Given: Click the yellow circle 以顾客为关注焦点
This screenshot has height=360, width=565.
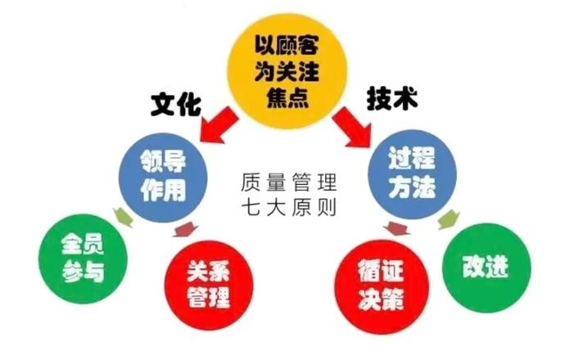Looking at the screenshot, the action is (287, 70).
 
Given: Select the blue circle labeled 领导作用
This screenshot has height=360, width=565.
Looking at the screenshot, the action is (163, 178).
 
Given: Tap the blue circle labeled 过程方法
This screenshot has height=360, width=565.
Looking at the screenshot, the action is (412, 174).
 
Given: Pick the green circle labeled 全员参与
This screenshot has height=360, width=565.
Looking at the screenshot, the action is (84, 259).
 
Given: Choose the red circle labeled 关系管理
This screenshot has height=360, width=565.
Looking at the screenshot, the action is (209, 285).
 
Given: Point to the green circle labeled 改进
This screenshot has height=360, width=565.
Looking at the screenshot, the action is (486, 268).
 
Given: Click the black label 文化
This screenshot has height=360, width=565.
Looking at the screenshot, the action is (175, 105).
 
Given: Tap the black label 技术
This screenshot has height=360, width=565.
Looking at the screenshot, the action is (391, 98).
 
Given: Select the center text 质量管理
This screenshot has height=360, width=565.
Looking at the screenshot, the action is (289, 182).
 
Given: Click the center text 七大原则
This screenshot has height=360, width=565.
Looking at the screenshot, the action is (289, 208).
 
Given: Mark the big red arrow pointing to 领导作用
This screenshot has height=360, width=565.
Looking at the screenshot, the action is (219, 125).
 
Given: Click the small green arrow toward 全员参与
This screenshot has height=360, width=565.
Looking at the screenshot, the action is (123, 217).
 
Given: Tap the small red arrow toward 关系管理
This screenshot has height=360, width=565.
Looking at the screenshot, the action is (186, 229).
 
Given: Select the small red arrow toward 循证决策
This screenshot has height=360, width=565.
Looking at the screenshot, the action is (396, 228).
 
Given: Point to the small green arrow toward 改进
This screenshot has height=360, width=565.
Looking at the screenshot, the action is (449, 219).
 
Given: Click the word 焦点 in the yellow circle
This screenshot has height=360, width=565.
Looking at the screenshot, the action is (287, 97).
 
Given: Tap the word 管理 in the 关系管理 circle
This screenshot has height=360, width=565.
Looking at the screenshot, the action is (209, 297).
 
